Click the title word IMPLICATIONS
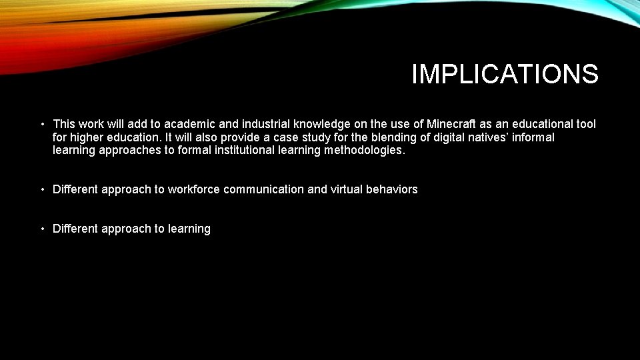pos(505,74)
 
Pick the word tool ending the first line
pos(585,124)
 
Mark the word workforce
pos(194,189)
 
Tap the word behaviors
pos(392,189)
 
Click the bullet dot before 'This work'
pos(42,124)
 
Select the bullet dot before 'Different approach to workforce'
pos(42,189)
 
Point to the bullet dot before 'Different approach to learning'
pos(42,229)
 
